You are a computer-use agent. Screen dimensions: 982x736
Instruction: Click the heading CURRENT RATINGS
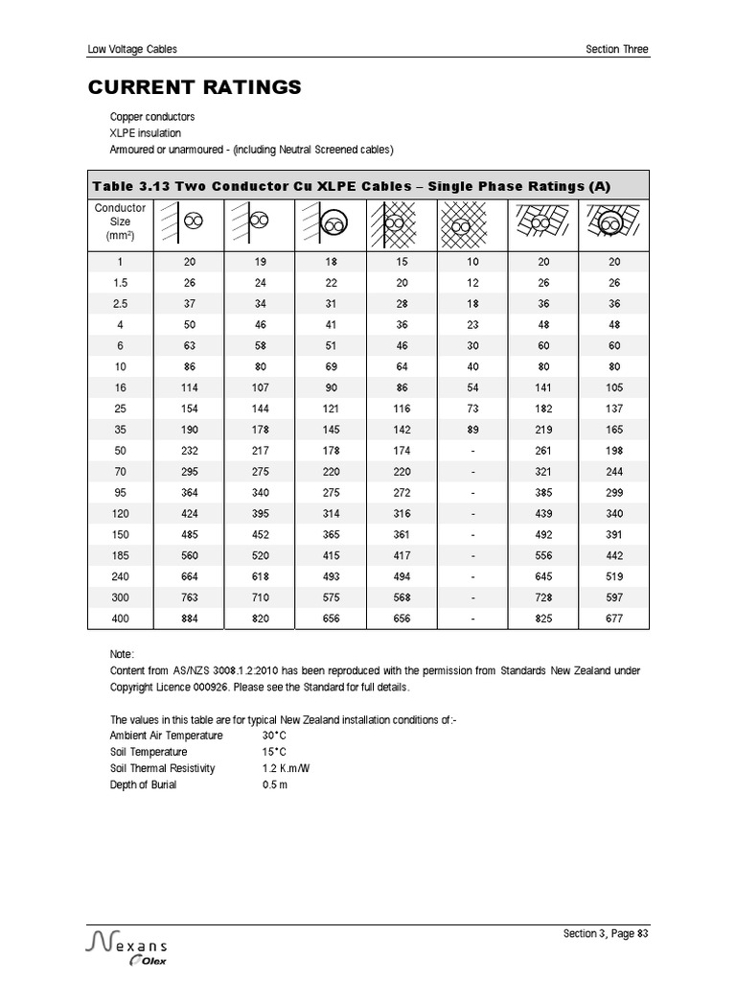[195, 88]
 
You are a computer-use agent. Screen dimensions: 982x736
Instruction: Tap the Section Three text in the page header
[617, 50]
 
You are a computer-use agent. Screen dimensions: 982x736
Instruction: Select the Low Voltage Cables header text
[132, 50]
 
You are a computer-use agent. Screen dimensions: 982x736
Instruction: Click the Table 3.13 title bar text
[351, 186]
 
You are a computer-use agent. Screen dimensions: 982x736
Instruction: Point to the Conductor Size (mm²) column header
[120, 222]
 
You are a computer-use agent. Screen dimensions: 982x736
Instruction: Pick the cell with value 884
[188, 619]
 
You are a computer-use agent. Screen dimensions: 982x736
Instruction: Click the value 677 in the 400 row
[614, 619]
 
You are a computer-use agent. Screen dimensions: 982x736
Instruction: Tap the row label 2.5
[120, 302]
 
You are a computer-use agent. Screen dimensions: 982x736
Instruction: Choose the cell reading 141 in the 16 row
[543, 387]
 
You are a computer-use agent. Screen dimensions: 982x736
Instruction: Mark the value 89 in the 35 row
[472, 431]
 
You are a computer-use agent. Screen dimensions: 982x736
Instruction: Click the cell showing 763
[188, 597]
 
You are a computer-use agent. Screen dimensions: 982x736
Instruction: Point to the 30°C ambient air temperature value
[274, 736]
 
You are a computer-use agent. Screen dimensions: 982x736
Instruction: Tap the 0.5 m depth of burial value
[275, 785]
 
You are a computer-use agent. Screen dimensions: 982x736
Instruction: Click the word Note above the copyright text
[123, 654]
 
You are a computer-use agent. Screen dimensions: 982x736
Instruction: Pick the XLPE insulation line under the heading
[145, 133]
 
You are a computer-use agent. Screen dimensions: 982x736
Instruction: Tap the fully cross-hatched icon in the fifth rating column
[472, 224]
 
